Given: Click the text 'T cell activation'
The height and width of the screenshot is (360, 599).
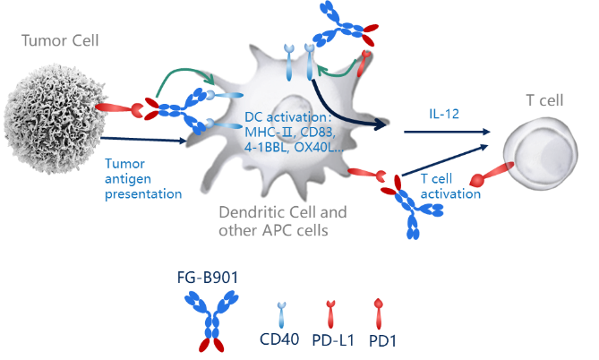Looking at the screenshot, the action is pyautogui.click(x=450, y=185).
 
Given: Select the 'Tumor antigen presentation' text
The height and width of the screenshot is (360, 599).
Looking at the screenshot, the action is pyautogui.click(x=142, y=179).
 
